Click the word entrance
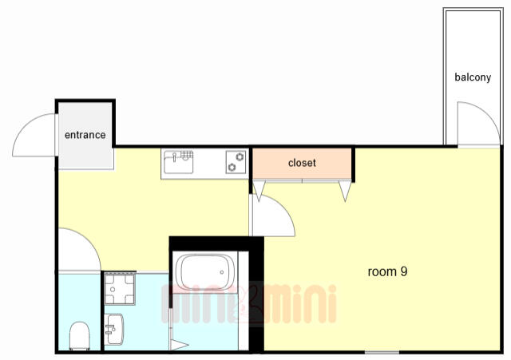(x=85, y=135)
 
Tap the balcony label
(x=473, y=77)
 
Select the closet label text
(x=302, y=163)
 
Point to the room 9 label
(x=387, y=271)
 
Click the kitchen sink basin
(x=179, y=162)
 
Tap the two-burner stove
(x=236, y=162)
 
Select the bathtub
(x=205, y=272)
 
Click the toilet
(x=80, y=335)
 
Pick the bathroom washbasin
(x=113, y=329)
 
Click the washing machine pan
(x=120, y=288)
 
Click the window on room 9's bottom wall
(x=382, y=352)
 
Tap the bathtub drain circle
(x=222, y=272)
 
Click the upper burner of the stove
(x=240, y=157)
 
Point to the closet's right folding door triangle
(x=345, y=191)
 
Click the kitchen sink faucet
(x=175, y=156)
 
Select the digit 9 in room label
(x=404, y=271)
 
